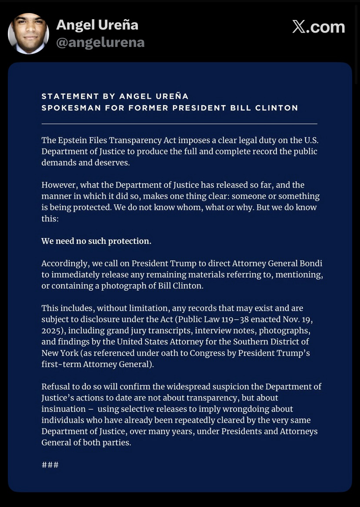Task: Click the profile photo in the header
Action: pos(28,33)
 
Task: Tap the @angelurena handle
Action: pos(100,43)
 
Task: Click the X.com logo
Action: pos(319,27)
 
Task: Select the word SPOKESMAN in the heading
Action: pos(70,108)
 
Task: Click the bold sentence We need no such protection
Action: pos(96,241)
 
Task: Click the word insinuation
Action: pos(63,409)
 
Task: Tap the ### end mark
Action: pos(50,465)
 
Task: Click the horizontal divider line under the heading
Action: pos(179,124)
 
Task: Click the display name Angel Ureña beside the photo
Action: pos(97,25)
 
